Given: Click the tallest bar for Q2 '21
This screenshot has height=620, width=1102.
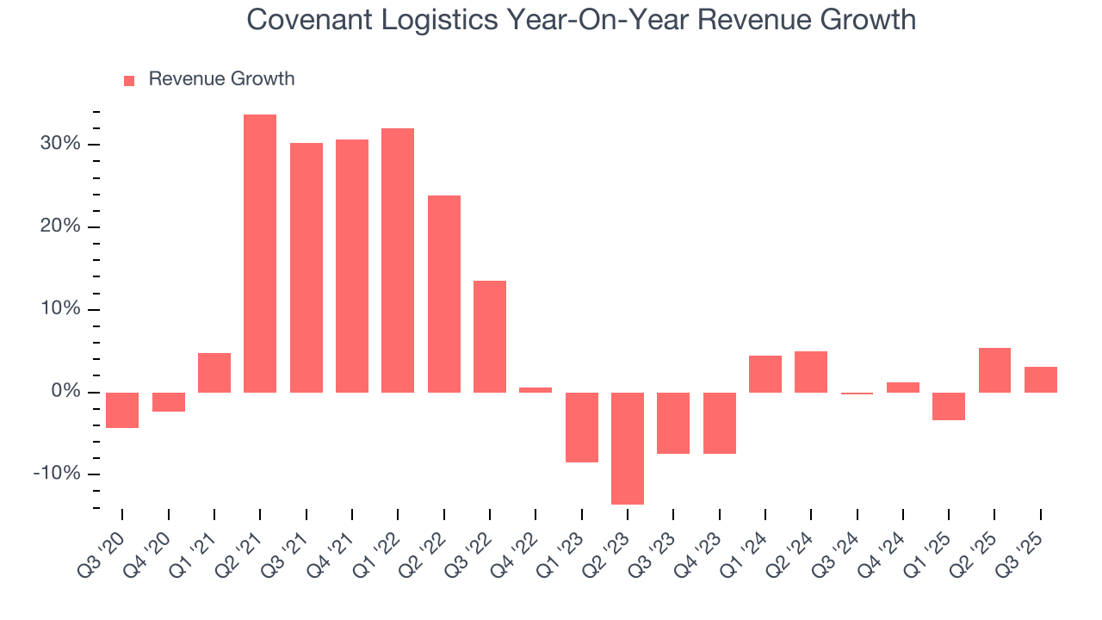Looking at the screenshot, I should pyautogui.click(x=260, y=253).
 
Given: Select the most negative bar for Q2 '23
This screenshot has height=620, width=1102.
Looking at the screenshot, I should pyautogui.click(x=628, y=448).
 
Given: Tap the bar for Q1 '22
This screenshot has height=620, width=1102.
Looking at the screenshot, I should pyautogui.click(x=398, y=260).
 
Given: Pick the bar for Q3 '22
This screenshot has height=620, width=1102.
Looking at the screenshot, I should pyautogui.click(x=490, y=337).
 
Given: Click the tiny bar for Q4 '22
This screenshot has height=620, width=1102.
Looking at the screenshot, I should pyautogui.click(x=536, y=390).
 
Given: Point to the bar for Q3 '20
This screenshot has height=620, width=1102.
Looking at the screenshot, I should pyautogui.click(x=122, y=410).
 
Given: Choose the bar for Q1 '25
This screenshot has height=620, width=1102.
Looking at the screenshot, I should pyautogui.click(x=949, y=406).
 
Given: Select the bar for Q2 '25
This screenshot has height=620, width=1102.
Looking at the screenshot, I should pyautogui.click(x=994, y=370).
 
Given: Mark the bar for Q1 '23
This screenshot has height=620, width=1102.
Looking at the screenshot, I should pyautogui.click(x=582, y=427).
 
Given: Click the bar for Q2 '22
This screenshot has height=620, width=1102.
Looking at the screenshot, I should pyautogui.click(x=444, y=294).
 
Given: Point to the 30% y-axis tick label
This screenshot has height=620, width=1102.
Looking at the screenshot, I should pyautogui.click(x=59, y=144).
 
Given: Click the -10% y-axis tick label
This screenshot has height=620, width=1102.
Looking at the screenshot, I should pyautogui.click(x=57, y=474).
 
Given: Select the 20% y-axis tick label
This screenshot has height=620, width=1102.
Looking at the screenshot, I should pyautogui.click(x=59, y=226).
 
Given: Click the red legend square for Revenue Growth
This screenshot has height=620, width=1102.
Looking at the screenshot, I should pyautogui.click(x=129, y=80).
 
